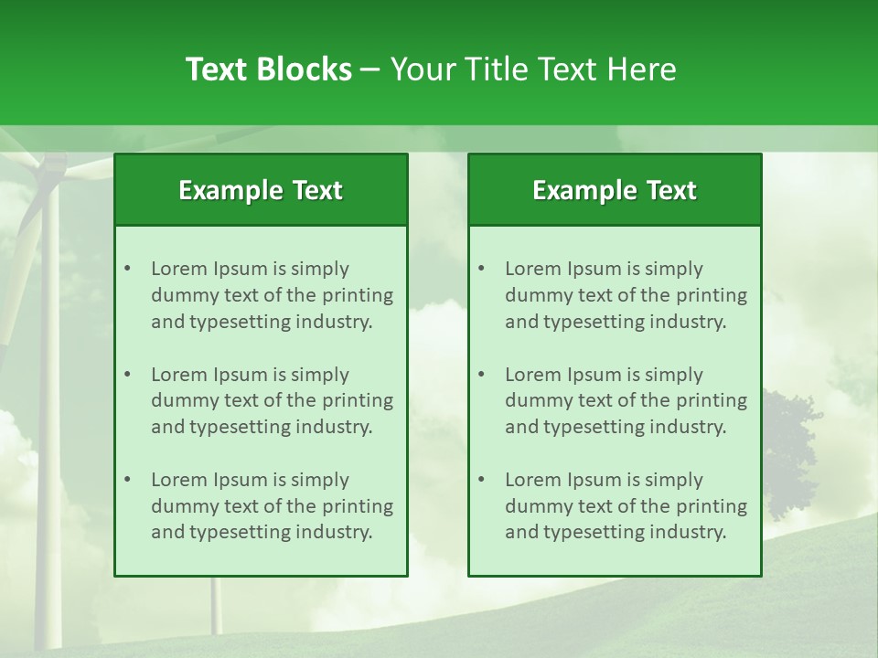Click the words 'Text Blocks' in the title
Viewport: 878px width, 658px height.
(x=268, y=69)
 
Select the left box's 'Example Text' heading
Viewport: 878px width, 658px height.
(x=261, y=190)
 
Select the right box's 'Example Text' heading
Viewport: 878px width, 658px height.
(x=615, y=190)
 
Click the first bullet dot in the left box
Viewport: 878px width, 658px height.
(x=127, y=269)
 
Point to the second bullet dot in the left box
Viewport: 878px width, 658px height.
(x=127, y=375)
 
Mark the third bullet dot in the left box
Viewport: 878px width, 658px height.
(x=127, y=480)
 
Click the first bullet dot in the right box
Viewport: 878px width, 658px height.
(x=481, y=269)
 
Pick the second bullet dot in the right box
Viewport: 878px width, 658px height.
(x=481, y=375)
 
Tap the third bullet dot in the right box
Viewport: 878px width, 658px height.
(x=481, y=480)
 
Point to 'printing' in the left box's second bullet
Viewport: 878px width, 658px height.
(x=359, y=400)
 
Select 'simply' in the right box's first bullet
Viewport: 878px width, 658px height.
(x=673, y=269)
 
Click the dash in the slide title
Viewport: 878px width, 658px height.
(x=370, y=69)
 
